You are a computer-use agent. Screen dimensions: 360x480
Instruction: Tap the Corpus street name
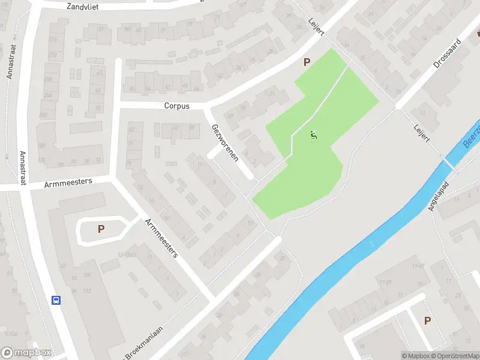(x=176, y=106)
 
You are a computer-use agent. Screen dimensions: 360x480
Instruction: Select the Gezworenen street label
(x=225, y=143)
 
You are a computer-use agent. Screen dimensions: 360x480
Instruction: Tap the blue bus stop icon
(x=56, y=300)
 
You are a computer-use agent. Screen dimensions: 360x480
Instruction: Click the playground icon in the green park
(x=312, y=136)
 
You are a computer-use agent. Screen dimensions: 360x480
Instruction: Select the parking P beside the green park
(x=307, y=62)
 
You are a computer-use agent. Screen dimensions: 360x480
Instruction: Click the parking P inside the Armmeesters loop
(x=101, y=228)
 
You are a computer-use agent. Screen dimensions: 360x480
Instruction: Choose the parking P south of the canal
(x=427, y=320)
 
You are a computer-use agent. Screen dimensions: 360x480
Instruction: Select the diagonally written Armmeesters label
(x=161, y=238)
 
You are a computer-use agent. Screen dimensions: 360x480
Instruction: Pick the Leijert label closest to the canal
(x=422, y=133)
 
